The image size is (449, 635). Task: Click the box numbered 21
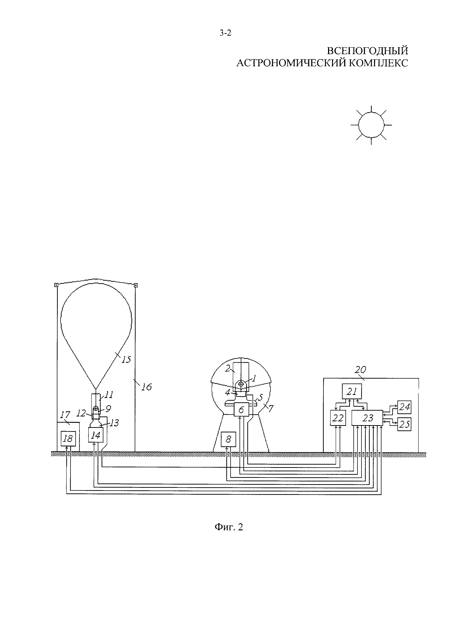352,391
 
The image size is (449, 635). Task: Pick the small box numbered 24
404,407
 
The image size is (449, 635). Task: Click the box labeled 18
68,438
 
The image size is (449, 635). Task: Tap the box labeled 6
241,410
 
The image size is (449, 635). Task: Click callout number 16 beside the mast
146,387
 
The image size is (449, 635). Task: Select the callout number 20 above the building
360,370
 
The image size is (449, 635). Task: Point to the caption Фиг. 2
229,527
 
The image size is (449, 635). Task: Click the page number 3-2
225,33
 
